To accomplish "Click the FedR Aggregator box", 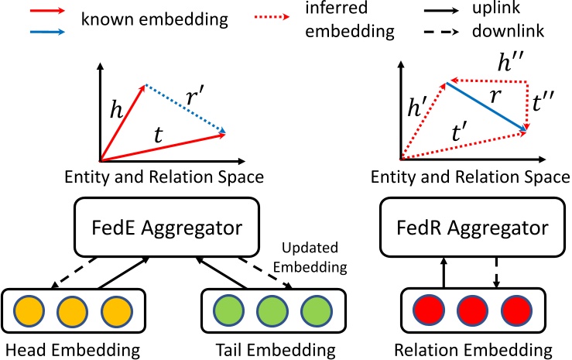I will pos(472,229).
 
